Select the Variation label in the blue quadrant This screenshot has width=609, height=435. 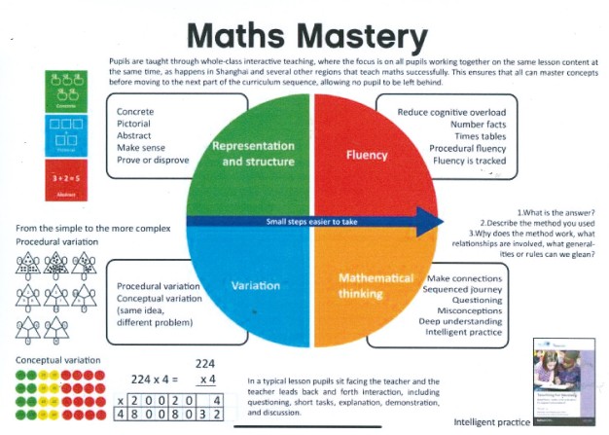click(256, 285)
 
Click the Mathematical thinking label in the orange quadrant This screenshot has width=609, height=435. click(376, 285)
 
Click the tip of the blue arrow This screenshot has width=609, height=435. click(443, 221)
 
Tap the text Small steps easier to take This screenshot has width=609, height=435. click(311, 222)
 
